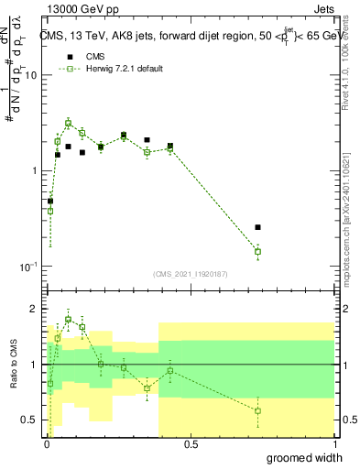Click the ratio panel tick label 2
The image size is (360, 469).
pos(35,310)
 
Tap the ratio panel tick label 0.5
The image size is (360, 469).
pos(30,420)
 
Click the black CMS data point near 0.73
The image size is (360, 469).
pos(258,226)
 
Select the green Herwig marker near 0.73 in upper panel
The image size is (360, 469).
pos(258,251)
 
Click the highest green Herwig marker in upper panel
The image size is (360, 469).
pos(69,123)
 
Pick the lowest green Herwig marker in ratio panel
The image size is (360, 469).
pos(258,410)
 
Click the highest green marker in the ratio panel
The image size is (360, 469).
pos(69,320)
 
